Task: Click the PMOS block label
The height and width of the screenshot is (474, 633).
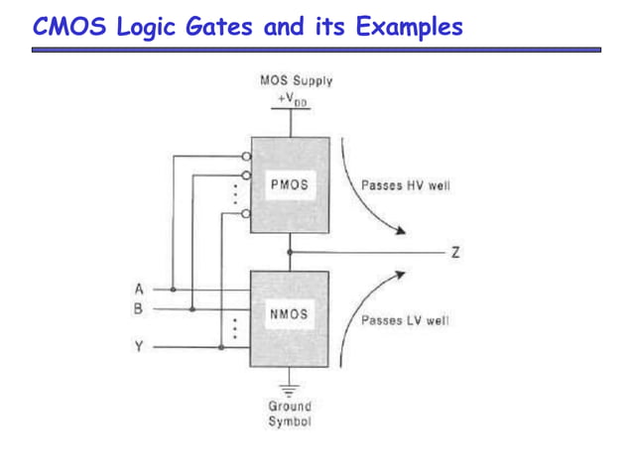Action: point(289,185)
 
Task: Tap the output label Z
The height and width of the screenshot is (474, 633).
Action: point(455,253)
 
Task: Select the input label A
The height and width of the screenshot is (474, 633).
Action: point(139,289)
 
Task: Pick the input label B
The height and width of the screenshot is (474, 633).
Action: point(139,308)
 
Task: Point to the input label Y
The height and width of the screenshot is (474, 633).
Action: point(139,347)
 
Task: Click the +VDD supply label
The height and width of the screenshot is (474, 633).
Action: point(292,99)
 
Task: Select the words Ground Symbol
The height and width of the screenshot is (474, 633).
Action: point(289,414)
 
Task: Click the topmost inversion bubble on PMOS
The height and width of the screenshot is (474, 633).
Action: point(246,157)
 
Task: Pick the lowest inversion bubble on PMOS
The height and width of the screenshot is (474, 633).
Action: point(246,212)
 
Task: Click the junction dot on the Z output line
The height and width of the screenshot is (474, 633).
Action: point(290,253)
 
